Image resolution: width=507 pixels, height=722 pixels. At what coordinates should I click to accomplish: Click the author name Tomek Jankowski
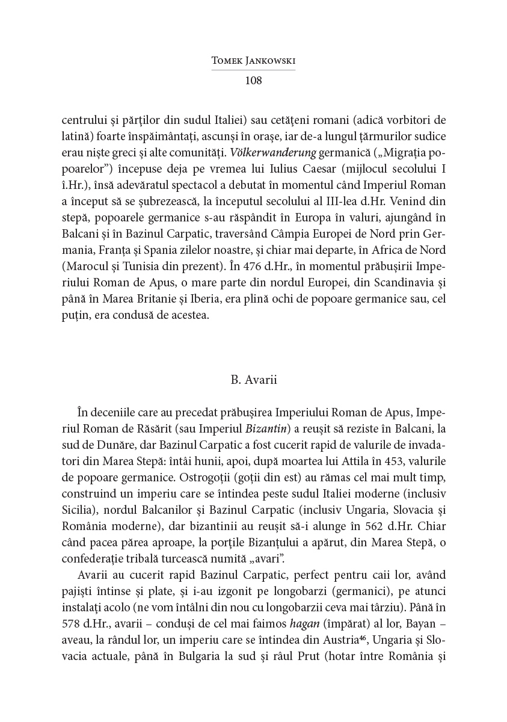point(253,61)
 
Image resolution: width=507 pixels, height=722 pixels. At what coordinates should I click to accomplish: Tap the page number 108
point(253,80)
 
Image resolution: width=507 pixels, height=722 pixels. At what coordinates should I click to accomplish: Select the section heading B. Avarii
point(253,380)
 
